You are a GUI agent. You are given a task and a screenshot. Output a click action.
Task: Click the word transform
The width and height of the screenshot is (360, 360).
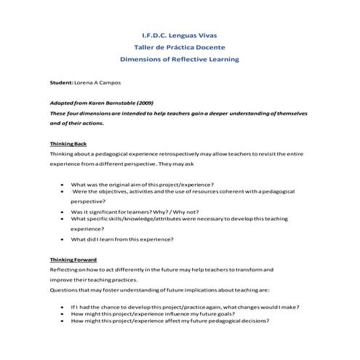click(255, 269)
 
